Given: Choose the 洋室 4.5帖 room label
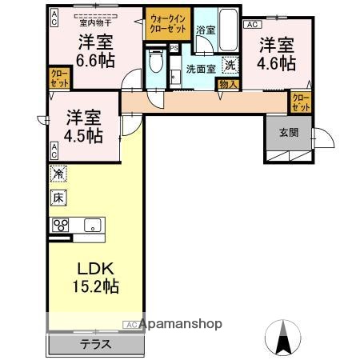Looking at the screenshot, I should tap(83, 126).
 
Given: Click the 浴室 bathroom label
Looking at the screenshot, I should tap(205, 30).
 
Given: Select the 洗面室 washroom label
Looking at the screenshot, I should tap(201, 69).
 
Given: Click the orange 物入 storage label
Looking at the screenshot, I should tap(227, 82).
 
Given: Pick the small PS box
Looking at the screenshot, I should tap(174, 47).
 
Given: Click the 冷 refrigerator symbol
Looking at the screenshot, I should tap(58, 173).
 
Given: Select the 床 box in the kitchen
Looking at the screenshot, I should tap(58, 197).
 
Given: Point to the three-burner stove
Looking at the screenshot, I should tap(62, 225).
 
